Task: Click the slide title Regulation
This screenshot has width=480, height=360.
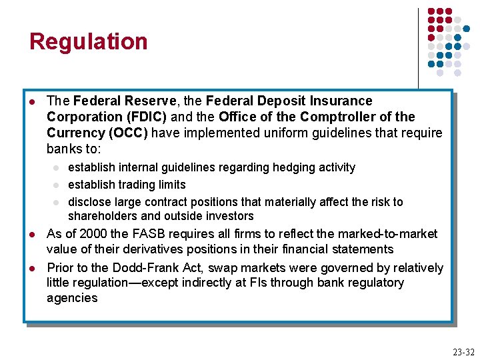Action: pyautogui.click(x=88, y=41)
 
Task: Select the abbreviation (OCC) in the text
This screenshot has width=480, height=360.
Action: pyautogui.click(x=126, y=132)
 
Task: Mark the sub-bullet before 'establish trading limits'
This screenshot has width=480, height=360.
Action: pyautogui.click(x=57, y=185)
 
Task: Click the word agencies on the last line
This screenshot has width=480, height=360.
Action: pyautogui.click(x=72, y=298)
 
